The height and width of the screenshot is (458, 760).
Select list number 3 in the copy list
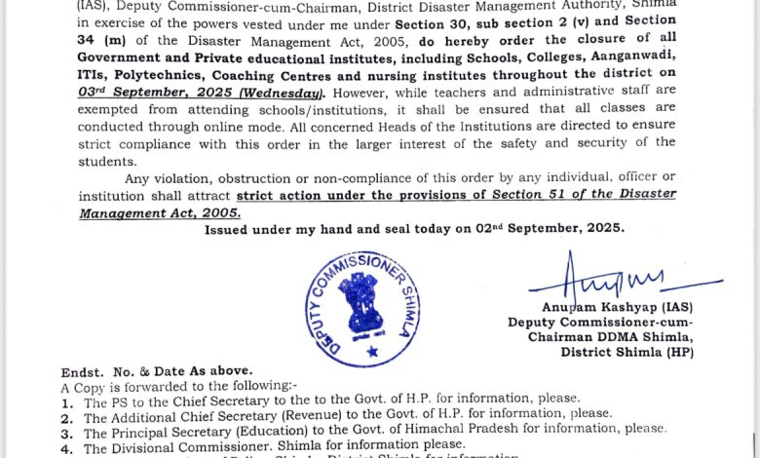[x=66, y=430]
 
